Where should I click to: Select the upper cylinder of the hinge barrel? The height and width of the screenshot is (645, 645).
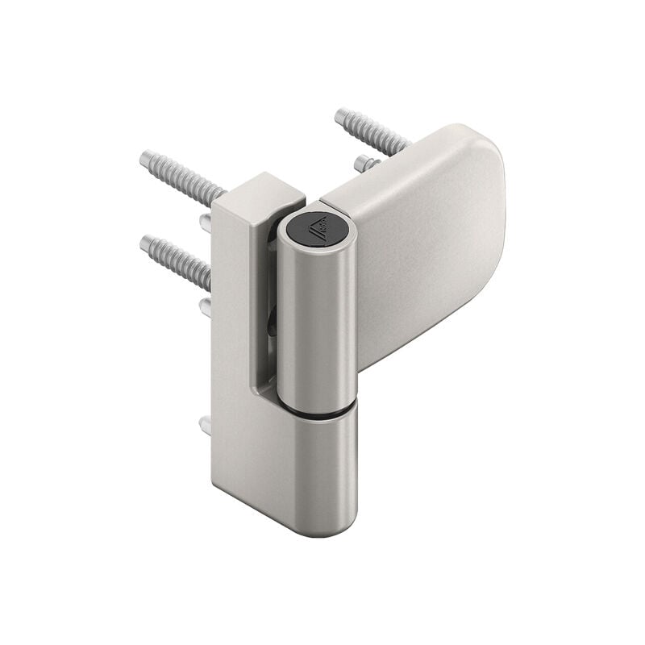316,322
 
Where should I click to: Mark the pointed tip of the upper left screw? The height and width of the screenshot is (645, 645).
144,156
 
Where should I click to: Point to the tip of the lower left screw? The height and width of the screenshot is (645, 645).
144,241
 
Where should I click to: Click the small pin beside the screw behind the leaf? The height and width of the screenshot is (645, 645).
364,164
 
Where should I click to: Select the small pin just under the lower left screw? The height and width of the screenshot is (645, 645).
206,306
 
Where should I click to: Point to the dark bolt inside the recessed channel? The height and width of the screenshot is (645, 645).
273,322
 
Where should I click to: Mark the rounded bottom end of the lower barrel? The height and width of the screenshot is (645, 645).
327,528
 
